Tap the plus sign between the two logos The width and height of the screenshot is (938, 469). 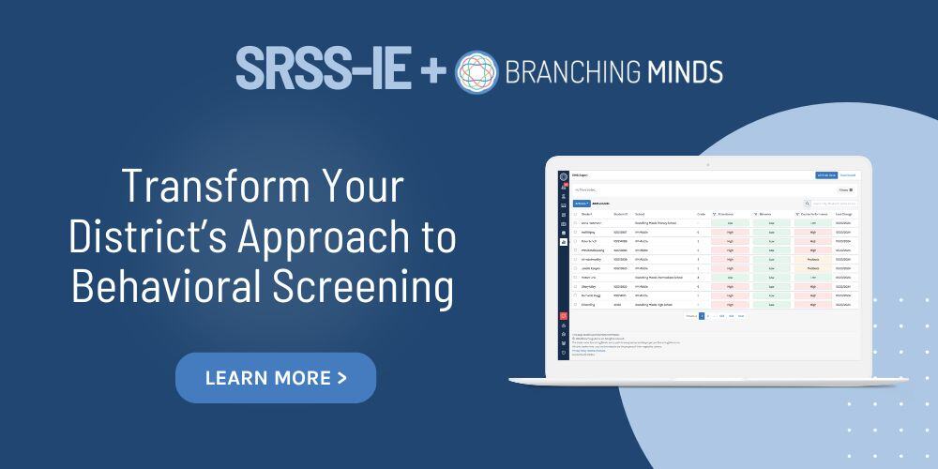tap(431, 70)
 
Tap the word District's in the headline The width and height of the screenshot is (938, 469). tap(148, 237)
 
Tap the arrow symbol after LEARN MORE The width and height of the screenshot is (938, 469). tap(341, 378)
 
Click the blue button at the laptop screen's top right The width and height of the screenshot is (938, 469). tap(825, 175)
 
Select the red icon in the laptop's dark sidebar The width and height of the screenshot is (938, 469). tap(563, 316)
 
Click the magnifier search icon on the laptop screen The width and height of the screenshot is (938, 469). tap(807, 203)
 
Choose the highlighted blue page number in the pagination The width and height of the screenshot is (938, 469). tap(701, 316)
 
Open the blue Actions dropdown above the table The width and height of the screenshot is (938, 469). tap(582, 203)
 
